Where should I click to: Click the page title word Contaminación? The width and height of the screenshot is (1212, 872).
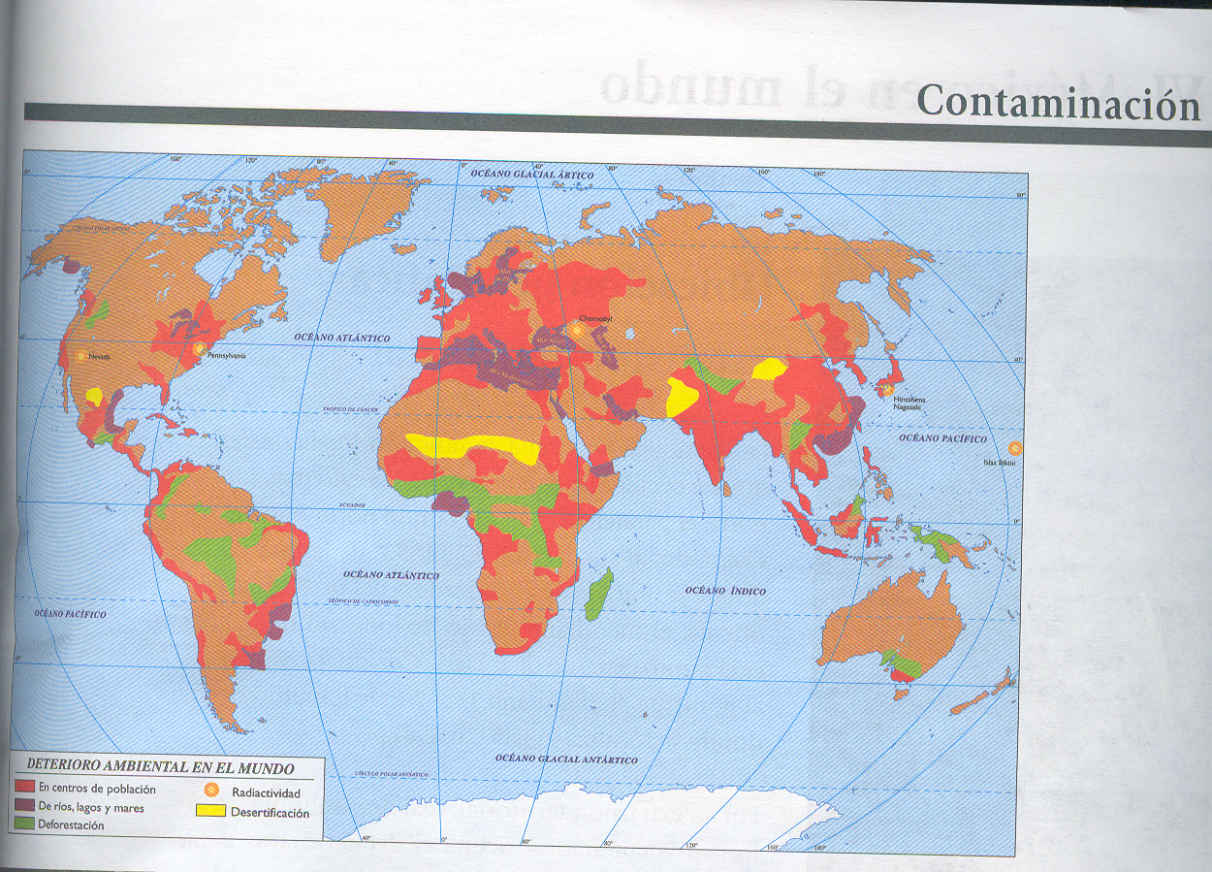(x=1058, y=102)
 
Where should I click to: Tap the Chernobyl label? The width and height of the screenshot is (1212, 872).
(x=594, y=318)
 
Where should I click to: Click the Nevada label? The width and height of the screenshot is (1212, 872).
(x=100, y=356)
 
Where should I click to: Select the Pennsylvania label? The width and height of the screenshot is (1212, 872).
(x=225, y=356)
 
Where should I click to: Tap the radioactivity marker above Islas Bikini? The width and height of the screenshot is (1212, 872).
(x=1015, y=448)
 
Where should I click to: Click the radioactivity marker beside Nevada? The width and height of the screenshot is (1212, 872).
(x=80, y=356)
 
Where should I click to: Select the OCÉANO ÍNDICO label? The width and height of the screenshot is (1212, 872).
(x=725, y=591)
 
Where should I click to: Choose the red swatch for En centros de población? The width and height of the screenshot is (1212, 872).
(x=26, y=789)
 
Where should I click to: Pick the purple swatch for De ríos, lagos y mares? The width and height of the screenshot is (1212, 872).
(x=26, y=806)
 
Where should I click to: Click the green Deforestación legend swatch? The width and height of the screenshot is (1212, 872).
(x=26, y=824)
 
